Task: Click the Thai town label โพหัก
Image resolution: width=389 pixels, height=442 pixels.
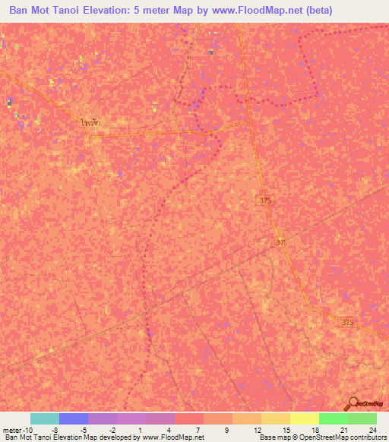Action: pyautogui.click(x=90, y=121)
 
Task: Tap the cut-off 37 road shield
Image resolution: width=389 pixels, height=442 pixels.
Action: pyautogui.click(x=281, y=242)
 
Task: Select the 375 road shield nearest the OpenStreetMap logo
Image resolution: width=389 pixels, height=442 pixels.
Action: pyautogui.click(x=347, y=323)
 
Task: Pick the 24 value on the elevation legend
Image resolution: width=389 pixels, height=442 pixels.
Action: pyautogui.click(x=372, y=429)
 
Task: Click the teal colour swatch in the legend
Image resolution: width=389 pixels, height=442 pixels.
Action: pyautogui.click(x=44, y=418)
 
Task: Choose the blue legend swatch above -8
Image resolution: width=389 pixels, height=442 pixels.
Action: pyautogui.click(x=73, y=418)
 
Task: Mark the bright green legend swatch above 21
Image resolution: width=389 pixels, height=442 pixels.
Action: pyautogui.click(x=333, y=418)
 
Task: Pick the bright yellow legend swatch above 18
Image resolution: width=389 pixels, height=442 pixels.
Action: pyautogui.click(x=304, y=418)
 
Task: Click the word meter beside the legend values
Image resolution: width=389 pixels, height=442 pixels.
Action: pyautogui.click(x=10, y=429)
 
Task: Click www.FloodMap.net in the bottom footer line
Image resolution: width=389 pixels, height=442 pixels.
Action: pyautogui.click(x=172, y=437)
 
